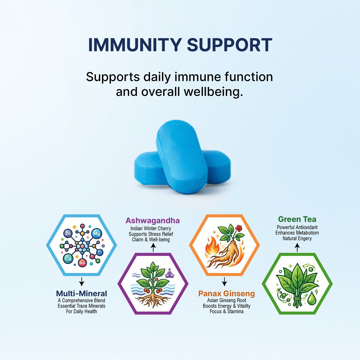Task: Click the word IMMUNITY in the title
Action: [x=135, y=45]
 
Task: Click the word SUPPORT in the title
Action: [x=229, y=45]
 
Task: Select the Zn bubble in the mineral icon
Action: [x=68, y=233]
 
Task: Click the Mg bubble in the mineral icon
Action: [x=97, y=233]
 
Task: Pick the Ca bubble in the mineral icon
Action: [x=68, y=259]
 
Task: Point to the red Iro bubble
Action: [x=82, y=263]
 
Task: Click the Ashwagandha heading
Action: [x=153, y=220]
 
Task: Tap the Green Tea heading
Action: [x=297, y=219]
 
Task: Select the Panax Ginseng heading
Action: [x=226, y=293]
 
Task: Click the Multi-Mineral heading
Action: [x=82, y=293]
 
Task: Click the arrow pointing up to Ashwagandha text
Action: [x=153, y=248]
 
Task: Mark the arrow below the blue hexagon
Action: [x=82, y=282]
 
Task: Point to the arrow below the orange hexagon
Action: [x=224, y=282]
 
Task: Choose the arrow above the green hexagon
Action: [x=297, y=247]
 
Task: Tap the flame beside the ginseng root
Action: [x=212, y=245]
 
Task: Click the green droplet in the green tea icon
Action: [x=311, y=298]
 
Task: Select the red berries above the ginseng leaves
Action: [x=238, y=228]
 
